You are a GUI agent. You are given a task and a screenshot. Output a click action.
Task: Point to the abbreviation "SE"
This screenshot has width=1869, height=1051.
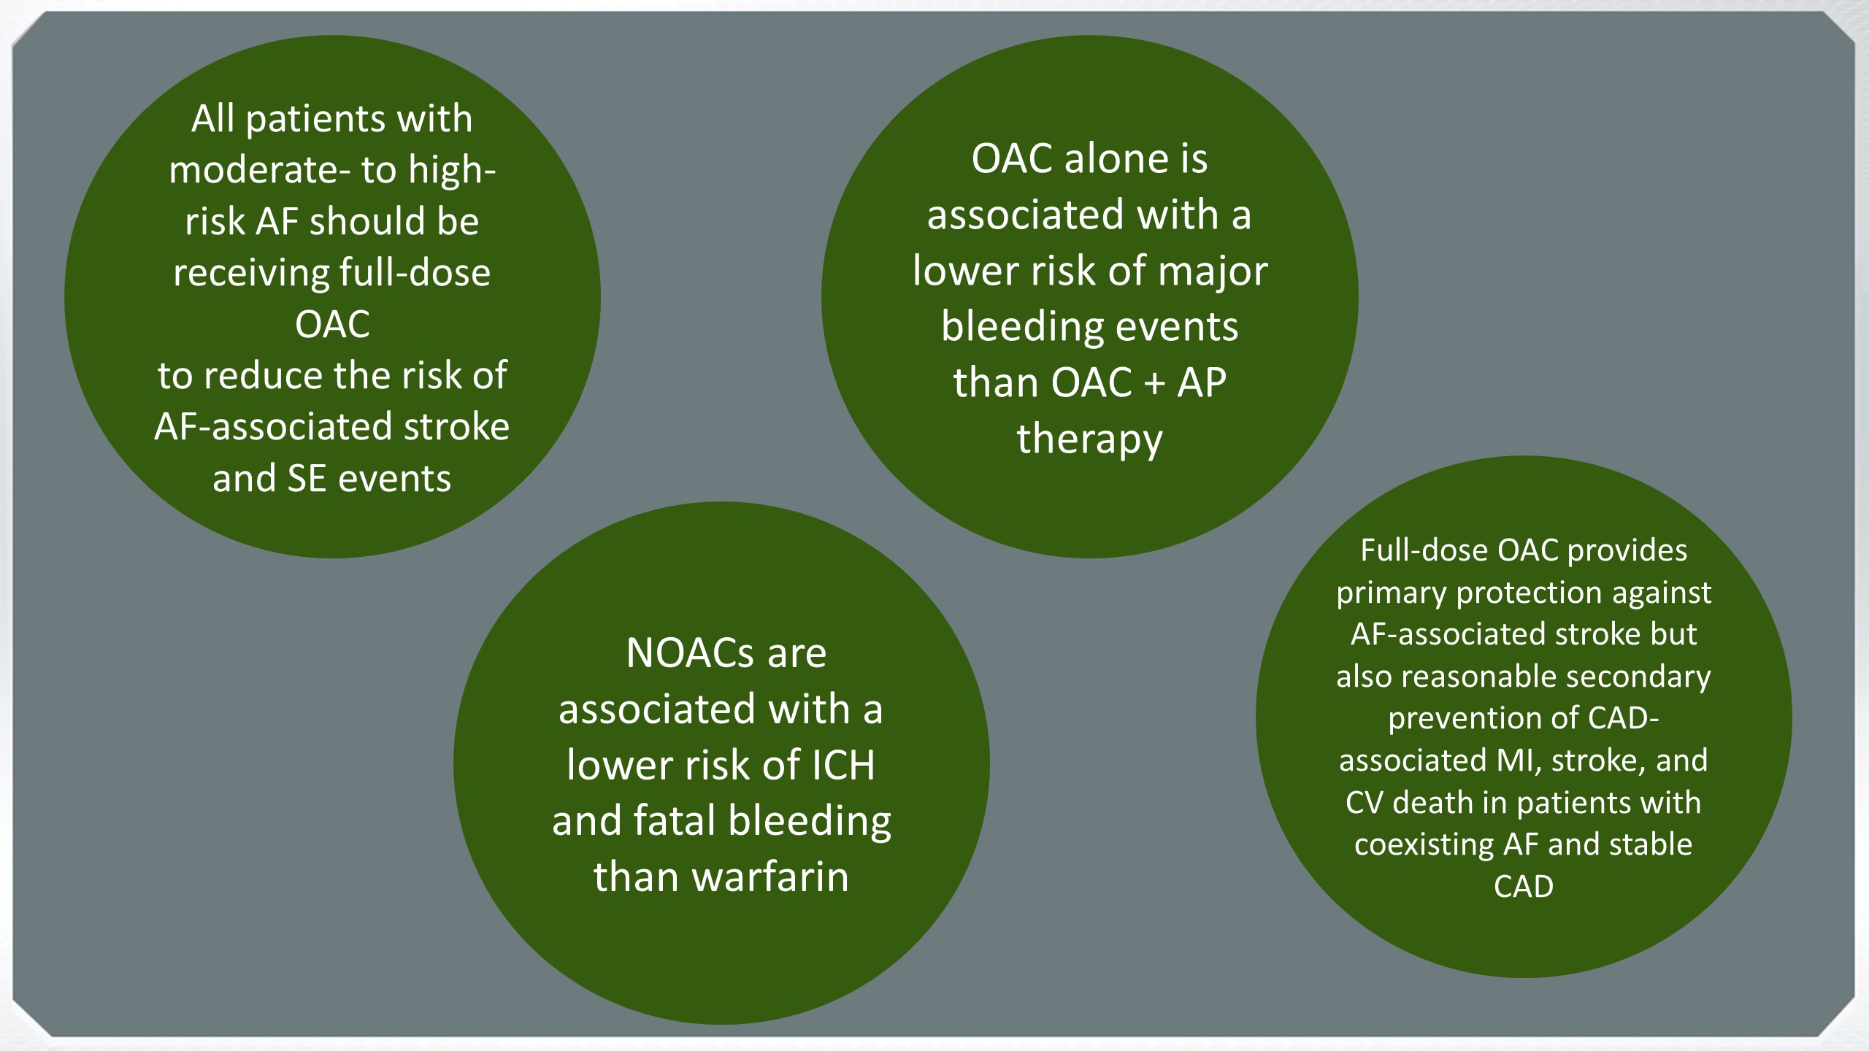(x=307, y=480)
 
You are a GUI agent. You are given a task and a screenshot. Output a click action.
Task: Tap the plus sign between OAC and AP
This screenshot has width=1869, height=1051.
(x=1154, y=383)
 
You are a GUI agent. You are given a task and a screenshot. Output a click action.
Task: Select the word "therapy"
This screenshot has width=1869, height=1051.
(x=1089, y=439)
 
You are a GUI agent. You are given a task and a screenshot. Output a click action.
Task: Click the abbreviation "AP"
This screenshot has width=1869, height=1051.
(x=1202, y=383)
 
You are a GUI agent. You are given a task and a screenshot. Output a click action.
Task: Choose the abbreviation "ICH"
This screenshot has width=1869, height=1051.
(x=843, y=766)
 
